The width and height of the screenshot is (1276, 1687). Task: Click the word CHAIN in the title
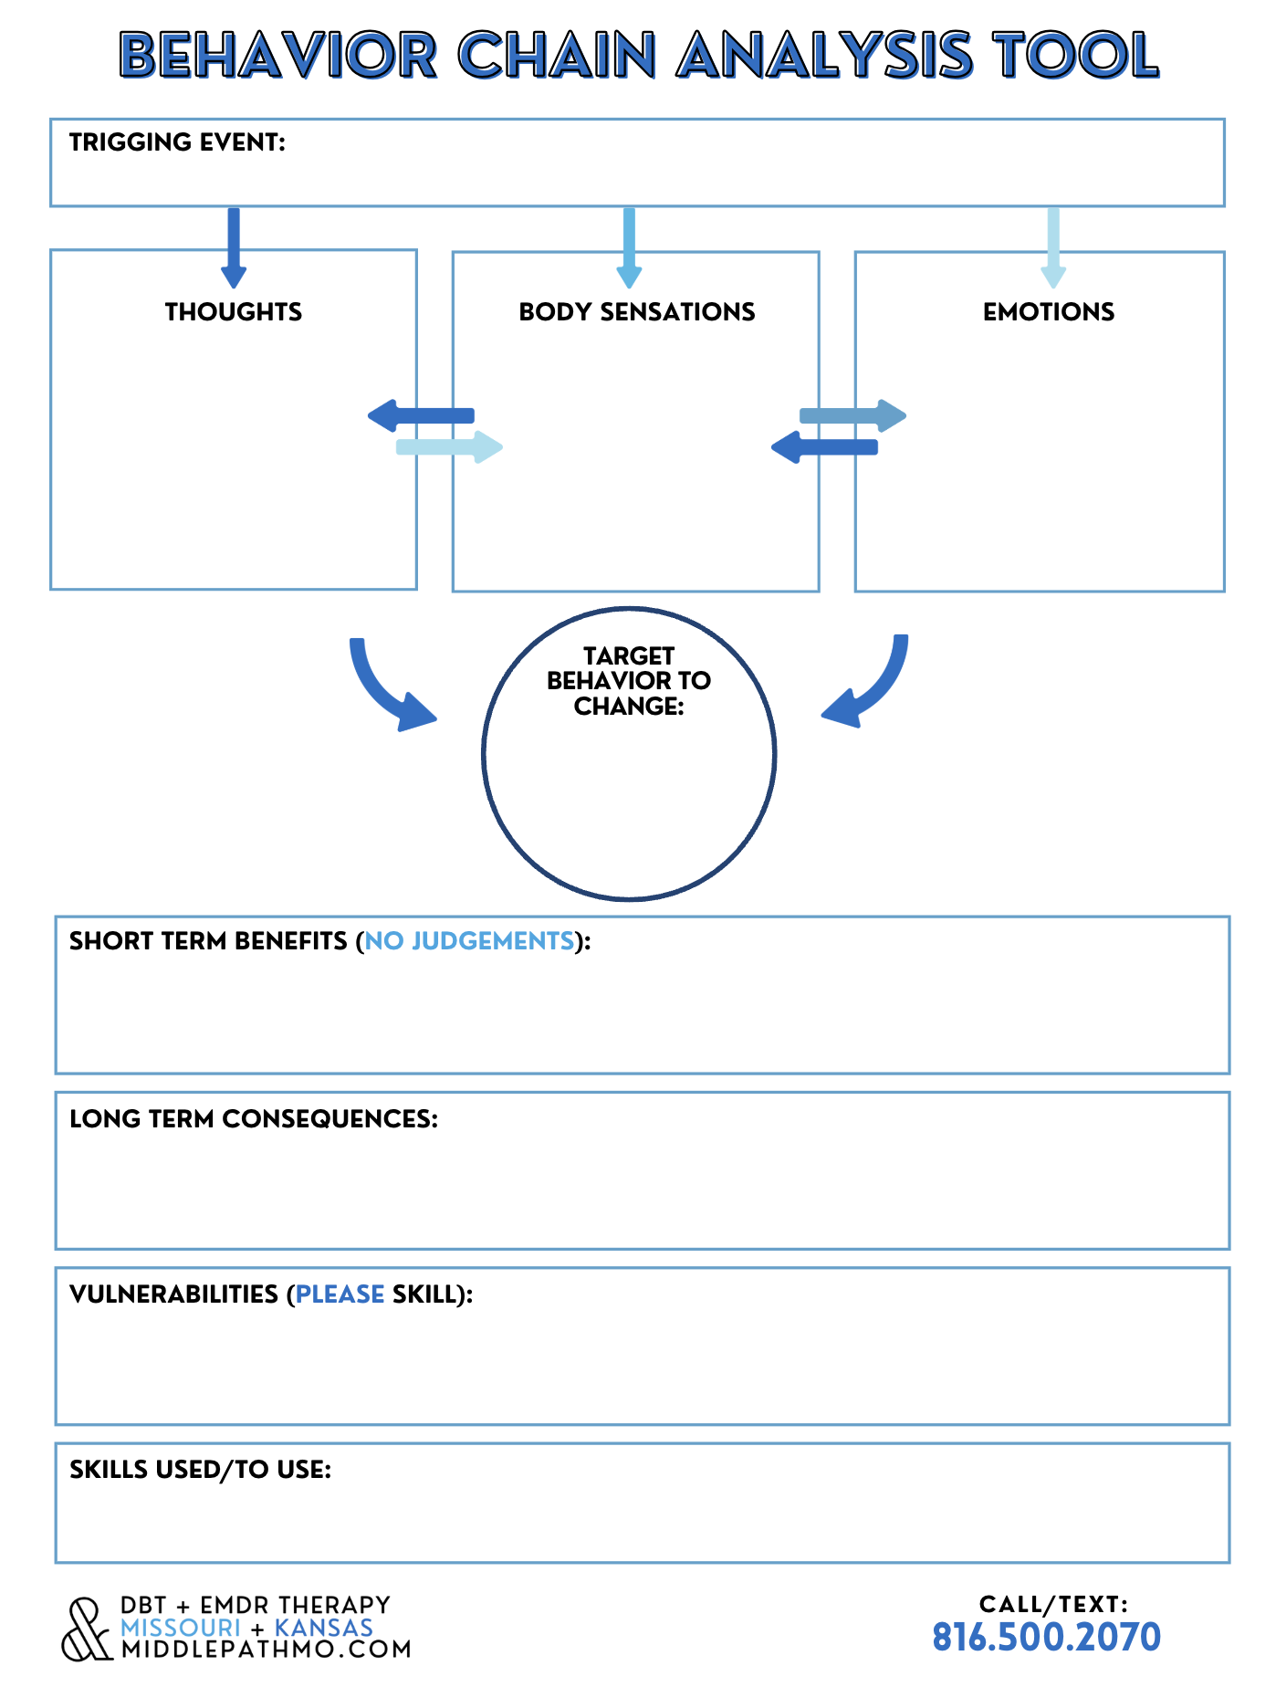(x=557, y=55)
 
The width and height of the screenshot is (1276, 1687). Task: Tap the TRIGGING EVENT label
(x=177, y=142)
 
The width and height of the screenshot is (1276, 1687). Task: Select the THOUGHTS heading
(x=234, y=312)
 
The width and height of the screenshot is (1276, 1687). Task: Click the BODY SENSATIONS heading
(x=637, y=312)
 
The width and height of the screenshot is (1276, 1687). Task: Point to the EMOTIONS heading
(x=1049, y=312)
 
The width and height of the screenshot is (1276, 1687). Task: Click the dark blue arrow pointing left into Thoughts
(x=421, y=415)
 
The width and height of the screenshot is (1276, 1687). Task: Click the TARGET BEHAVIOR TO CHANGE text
(x=629, y=681)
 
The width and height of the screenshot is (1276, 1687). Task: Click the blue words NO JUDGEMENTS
(x=470, y=941)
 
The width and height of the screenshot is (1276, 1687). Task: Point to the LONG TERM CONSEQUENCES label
(x=254, y=1119)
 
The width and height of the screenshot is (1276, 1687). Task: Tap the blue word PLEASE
(x=340, y=1294)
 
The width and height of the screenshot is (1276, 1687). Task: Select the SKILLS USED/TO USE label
(x=200, y=1470)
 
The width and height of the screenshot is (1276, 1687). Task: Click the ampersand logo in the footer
(x=88, y=1629)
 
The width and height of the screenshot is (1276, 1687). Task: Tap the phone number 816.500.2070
(x=1046, y=1638)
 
